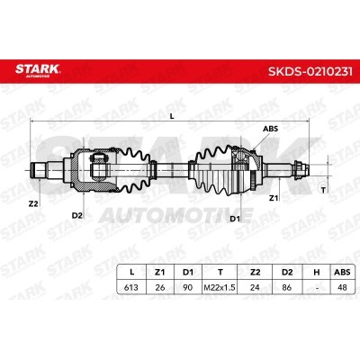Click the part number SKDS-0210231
coord(310,72)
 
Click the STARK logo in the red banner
coord(38,70)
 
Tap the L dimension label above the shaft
coord(172,117)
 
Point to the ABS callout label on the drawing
coord(270,129)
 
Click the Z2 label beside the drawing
coord(33,203)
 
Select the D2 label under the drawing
coord(77,215)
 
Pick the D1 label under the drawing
coord(235,219)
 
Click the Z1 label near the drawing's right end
coord(273,198)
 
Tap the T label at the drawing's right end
coord(323,190)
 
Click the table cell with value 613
coord(131,287)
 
